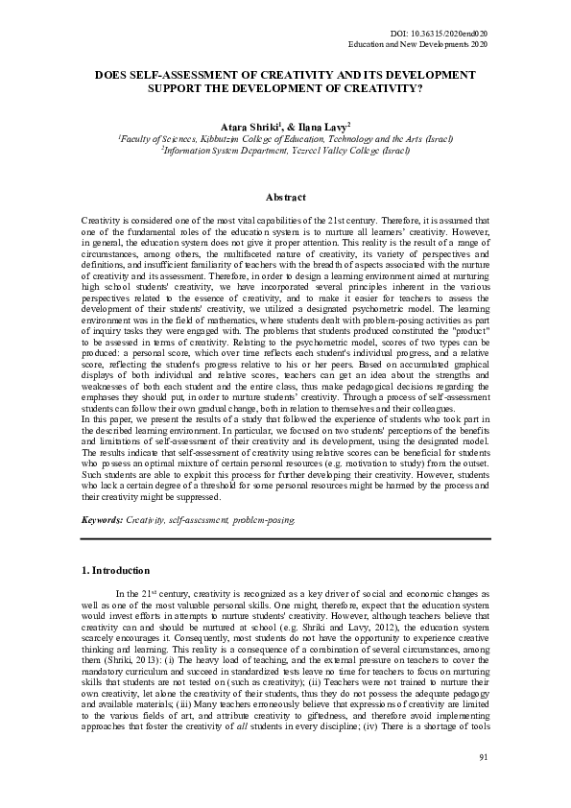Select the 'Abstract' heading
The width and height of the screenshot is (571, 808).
[284, 197]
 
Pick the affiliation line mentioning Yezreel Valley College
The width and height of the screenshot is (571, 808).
[285, 151]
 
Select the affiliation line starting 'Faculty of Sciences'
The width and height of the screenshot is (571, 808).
[285, 138]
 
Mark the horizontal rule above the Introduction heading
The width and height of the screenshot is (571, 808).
[285, 539]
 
